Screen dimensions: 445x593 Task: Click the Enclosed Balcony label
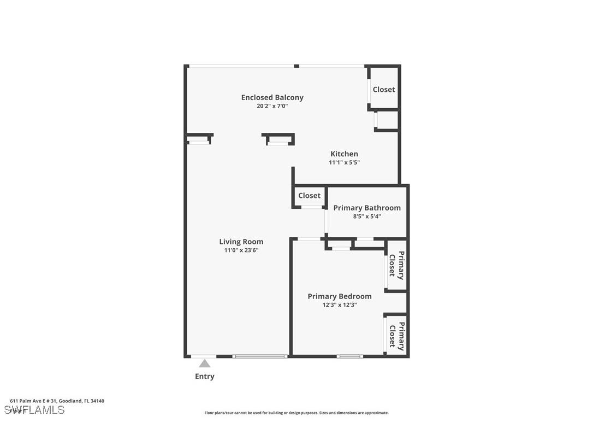pos(272,97)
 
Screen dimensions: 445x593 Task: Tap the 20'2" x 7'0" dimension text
pos(272,106)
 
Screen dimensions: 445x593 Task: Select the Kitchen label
pos(344,154)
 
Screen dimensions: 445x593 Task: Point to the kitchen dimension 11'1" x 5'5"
pos(344,162)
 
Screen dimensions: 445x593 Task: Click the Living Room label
pos(241,241)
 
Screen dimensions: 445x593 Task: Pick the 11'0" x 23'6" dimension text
pos(241,250)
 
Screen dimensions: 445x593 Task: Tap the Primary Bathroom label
pos(367,208)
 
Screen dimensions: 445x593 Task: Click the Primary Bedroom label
pos(339,296)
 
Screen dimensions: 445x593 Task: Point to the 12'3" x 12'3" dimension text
pos(339,305)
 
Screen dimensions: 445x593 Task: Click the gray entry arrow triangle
pos(204,364)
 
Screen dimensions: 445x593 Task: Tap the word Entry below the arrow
pos(204,376)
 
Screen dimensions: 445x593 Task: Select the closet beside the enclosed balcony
pos(383,89)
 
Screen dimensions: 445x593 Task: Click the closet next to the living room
pos(309,196)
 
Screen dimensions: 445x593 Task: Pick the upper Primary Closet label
pos(396,265)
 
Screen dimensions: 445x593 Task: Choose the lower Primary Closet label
pos(396,336)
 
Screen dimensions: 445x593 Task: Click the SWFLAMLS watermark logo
pos(34,410)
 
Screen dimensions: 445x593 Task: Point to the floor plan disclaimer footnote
pos(296,413)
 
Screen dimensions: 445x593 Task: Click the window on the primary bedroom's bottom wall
pos(349,356)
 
